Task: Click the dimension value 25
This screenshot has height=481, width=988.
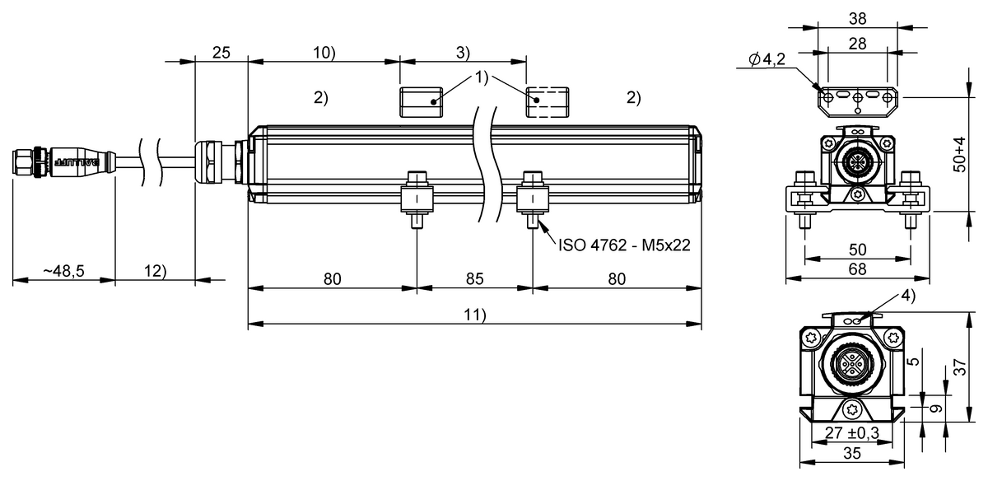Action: (221, 53)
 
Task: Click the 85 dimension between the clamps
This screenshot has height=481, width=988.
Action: (474, 279)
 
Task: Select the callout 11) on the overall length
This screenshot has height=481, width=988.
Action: (474, 315)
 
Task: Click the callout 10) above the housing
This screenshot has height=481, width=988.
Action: (323, 53)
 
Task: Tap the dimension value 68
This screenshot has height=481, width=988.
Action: (857, 269)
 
